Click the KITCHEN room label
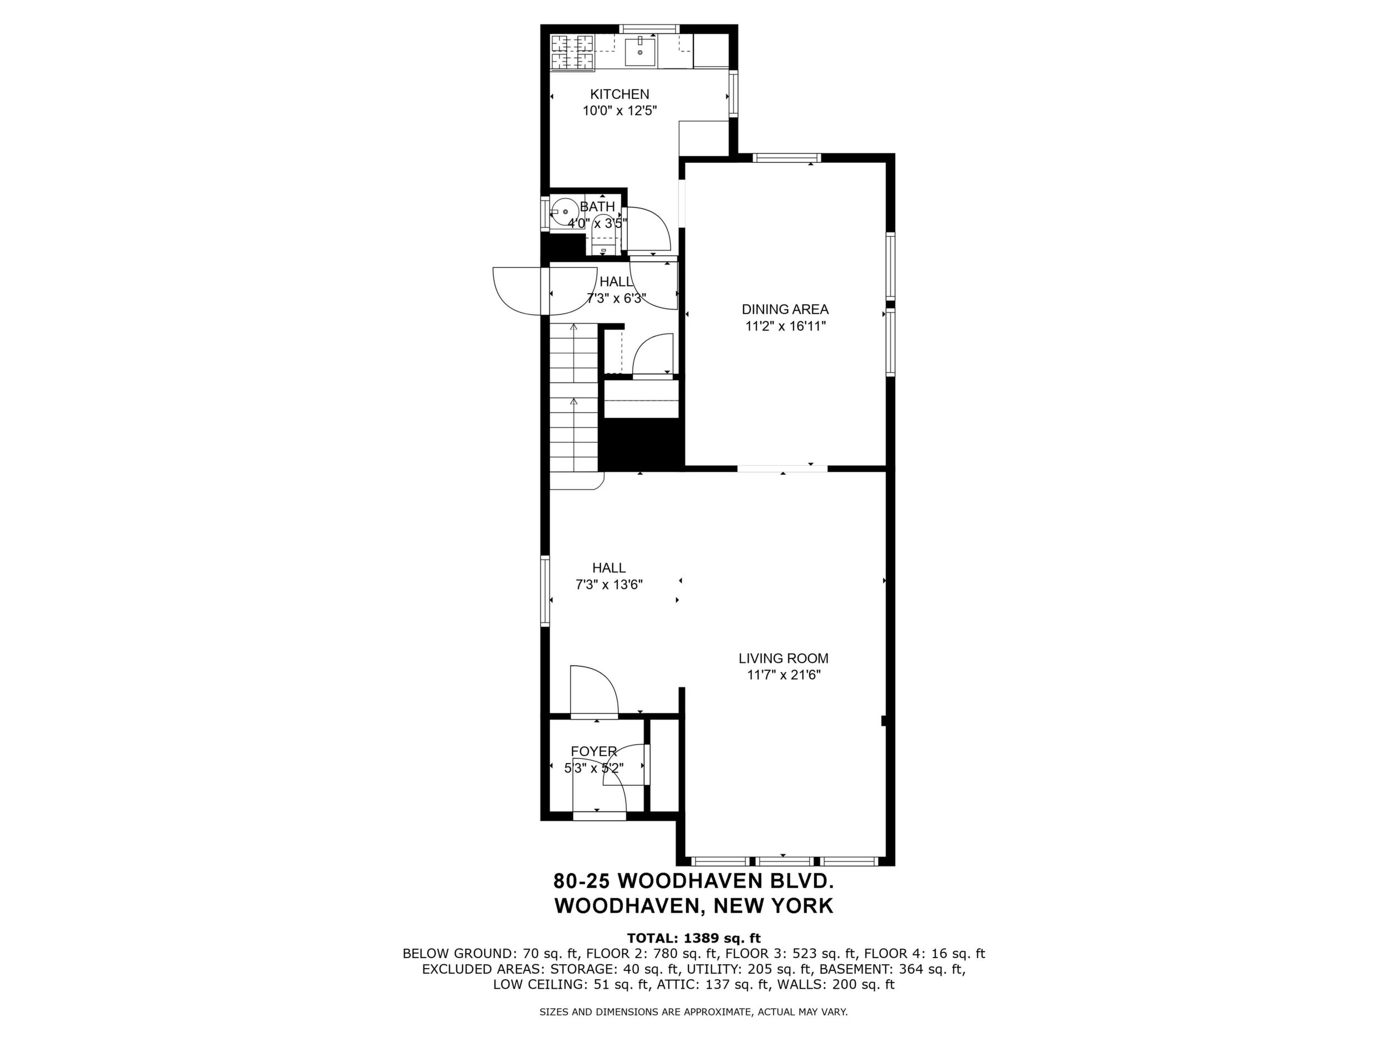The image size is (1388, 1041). coord(619,94)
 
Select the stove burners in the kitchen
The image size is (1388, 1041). coord(572,52)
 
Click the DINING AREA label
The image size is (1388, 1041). coord(785,309)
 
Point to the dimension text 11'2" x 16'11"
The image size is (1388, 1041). coord(785,326)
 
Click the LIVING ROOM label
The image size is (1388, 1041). coord(783,658)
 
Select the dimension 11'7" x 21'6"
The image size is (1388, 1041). coord(784,675)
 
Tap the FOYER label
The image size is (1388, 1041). coord(593,751)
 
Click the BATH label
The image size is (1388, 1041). coord(597,206)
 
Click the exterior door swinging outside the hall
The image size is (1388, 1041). coord(517,290)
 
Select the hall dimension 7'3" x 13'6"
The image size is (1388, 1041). coord(609,585)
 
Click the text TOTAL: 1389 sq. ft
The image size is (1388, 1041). coord(694,939)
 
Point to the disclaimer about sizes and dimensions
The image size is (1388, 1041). coord(693,1012)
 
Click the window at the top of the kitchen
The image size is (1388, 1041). coord(649,28)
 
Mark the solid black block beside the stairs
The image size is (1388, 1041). coord(640,444)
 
